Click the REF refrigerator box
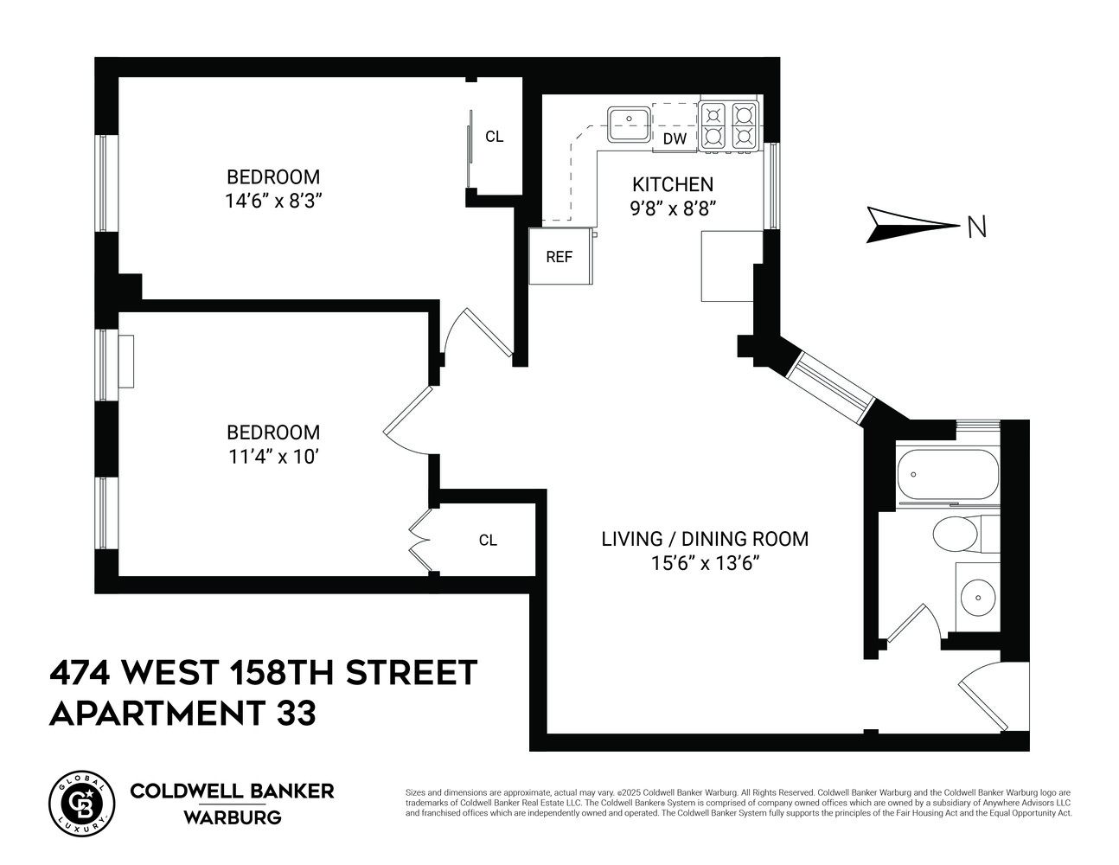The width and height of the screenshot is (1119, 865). [x=559, y=257]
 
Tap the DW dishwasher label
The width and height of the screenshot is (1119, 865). [x=675, y=138]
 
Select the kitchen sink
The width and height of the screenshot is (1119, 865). [x=630, y=123]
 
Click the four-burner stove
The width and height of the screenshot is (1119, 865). [x=728, y=126]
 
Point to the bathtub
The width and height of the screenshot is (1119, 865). [x=948, y=475]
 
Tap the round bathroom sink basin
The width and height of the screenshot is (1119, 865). [x=977, y=596]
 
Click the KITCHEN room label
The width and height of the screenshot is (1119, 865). [x=673, y=184]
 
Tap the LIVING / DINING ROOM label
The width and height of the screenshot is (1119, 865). [x=705, y=539]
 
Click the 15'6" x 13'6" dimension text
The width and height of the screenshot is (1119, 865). [x=705, y=563]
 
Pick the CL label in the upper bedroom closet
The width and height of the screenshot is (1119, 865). [x=494, y=137]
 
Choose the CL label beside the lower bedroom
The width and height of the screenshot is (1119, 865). [x=488, y=541]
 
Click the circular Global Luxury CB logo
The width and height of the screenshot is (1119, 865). [x=82, y=799]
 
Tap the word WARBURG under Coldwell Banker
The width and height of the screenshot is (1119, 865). [x=232, y=817]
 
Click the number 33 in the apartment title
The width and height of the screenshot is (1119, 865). [x=296, y=714]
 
